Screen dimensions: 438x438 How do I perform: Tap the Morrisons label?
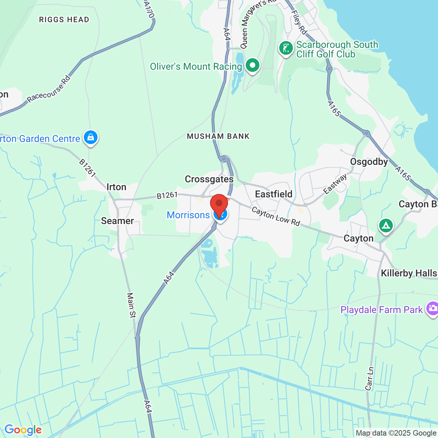point(188,215)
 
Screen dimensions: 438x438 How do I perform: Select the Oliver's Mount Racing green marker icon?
point(253,65)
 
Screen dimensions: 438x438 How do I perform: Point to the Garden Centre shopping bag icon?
point(90,138)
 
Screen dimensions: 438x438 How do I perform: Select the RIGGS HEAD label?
point(64,20)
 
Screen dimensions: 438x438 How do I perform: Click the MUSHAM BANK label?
point(218,136)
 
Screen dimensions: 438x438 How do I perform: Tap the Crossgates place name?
point(209,179)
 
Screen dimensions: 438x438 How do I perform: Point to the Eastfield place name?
point(274,194)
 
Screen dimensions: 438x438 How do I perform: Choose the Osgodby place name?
point(369,162)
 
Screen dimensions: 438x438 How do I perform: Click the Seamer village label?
point(117,221)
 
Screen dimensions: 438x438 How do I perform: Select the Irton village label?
point(116,187)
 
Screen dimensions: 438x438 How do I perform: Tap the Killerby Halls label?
point(409,273)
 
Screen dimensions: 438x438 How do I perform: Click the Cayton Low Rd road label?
point(276,216)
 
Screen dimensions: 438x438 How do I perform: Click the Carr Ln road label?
point(370,378)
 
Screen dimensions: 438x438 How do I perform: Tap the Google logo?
point(23,430)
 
